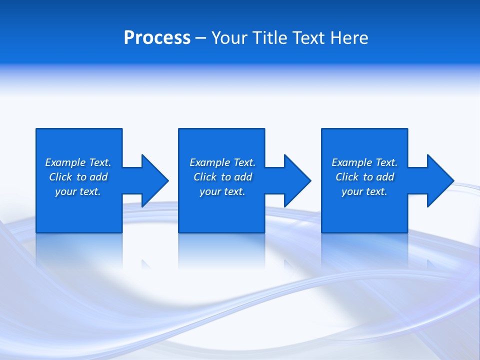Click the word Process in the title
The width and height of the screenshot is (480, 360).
(x=157, y=38)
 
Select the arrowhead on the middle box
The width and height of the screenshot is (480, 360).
(x=296, y=180)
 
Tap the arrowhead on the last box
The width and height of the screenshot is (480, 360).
(x=439, y=180)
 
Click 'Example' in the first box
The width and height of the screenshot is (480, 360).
(x=65, y=162)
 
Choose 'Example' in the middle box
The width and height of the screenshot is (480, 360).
(x=210, y=162)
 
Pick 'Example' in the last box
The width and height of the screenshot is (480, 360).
(x=352, y=162)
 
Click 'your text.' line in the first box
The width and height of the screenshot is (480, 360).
(x=78, y=191)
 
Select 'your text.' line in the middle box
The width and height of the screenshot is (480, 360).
(x=222, y=191)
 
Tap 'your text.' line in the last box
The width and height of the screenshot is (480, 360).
(x=364, y=191)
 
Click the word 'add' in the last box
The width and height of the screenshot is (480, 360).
(x=385, y=177)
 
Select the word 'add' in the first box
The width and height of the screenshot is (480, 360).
(x=99, y=177)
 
